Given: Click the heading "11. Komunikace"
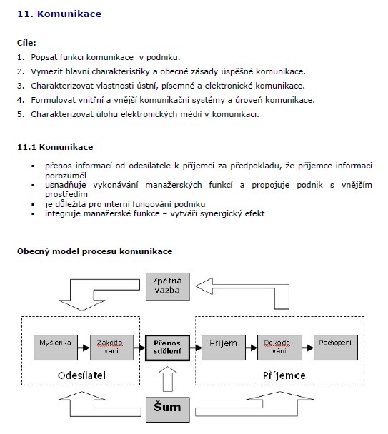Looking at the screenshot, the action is click(x=59, y=14).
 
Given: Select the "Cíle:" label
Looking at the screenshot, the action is click(x=26, y=43).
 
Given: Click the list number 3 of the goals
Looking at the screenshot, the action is click(x=21, y=86).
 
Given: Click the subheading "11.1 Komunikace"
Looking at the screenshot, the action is click(x=55, y=147).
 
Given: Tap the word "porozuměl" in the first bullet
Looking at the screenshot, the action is click(x=66, y=176).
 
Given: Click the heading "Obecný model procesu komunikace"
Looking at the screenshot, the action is click(x=95, y=251).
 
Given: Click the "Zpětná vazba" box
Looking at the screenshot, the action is click(x=168, y=286).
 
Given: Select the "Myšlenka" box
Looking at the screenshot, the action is click(x=56, y=348).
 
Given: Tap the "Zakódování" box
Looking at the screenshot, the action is click(x=111, y=348).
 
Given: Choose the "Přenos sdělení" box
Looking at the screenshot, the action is click(x=167, y=348).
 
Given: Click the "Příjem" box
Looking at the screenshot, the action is click(x=224, y=348).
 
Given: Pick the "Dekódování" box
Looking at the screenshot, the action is click(x=279, y=348).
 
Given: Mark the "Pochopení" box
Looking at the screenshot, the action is click(x=336, y=348).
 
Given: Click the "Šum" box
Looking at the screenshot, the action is click(x=168, y=410).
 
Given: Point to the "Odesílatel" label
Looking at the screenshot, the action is click(x=81, y=375).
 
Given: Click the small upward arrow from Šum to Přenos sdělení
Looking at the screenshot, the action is click(x=168, y=379).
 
